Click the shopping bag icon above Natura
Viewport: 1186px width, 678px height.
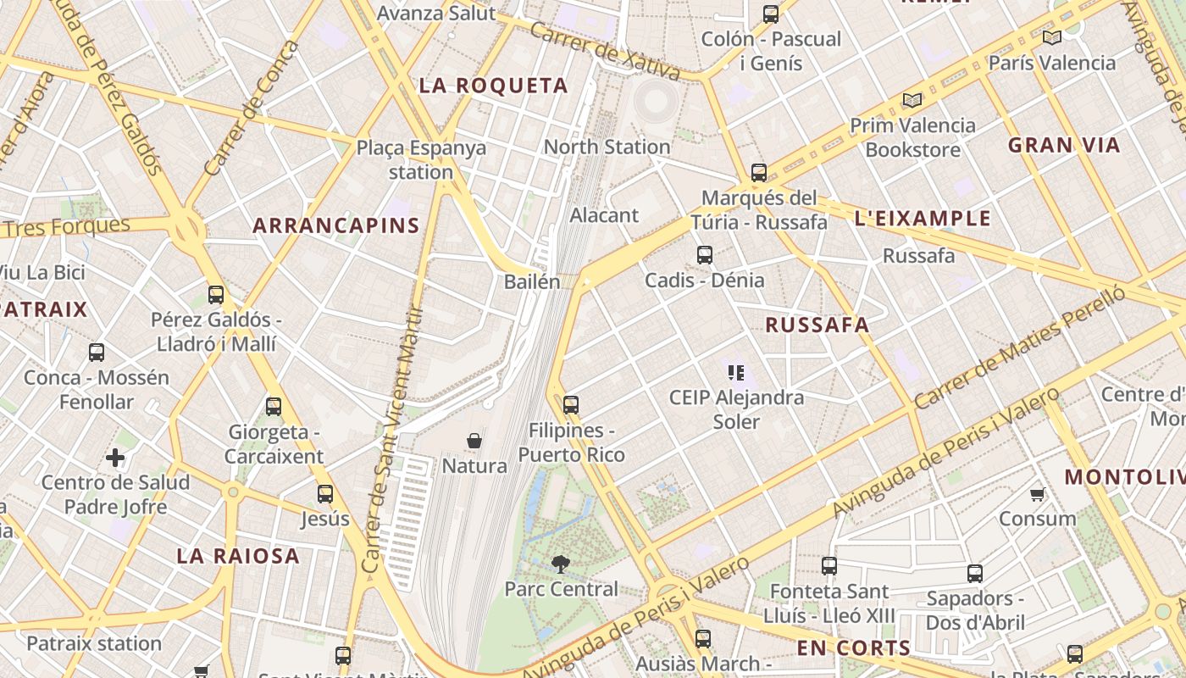point(474,441)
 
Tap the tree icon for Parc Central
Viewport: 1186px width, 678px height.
point(560,564)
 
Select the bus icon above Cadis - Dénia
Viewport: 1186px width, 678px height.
point(704,254)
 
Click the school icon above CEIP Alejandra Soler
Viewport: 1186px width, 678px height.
point(735,372)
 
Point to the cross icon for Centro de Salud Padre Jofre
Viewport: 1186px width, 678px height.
point(115,458)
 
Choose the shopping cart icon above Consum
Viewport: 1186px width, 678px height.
point(1037,494)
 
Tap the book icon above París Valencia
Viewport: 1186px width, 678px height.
point(1052,37)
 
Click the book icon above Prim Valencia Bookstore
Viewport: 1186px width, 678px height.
point(912,101)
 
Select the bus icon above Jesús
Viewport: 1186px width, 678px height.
point(325,494)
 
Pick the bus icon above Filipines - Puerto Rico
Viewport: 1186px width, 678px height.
point(571,405)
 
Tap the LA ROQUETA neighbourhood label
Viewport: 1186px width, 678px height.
point(494,86)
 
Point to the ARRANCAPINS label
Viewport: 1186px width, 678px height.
point(336,225)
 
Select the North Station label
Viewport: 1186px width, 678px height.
point(607,147)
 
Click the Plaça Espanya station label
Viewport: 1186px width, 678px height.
point(421,159)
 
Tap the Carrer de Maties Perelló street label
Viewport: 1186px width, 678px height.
point(1020,347)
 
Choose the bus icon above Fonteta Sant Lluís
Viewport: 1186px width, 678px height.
point(829,565)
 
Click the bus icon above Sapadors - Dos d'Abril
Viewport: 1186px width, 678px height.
point(975,574)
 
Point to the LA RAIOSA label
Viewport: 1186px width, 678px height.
point(238,556)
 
